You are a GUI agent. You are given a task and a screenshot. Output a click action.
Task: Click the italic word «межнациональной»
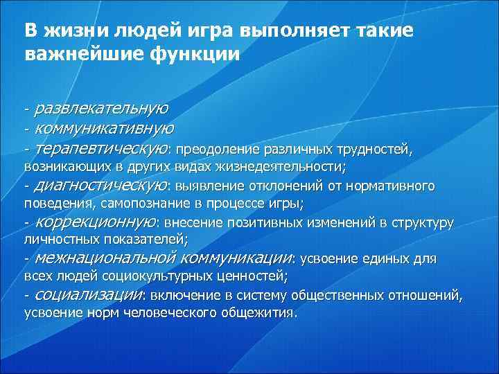point(106,259)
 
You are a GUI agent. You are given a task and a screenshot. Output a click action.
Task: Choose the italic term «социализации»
point(88,295)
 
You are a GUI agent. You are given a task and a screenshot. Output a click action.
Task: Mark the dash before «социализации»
point(26,296)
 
